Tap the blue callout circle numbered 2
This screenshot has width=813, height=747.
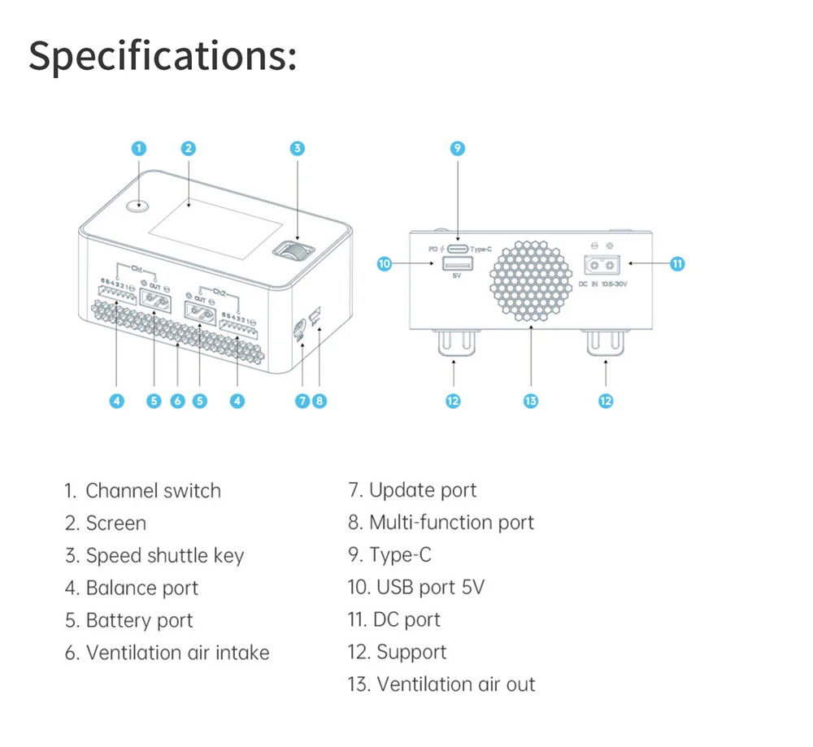click(189, 148)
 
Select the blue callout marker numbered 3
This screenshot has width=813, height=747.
click(298, 148)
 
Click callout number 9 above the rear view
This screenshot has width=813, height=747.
click(457, 148)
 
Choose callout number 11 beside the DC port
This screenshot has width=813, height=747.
click(677, 263)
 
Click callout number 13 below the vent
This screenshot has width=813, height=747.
click(531, 401)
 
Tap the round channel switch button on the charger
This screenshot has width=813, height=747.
click(138, 205)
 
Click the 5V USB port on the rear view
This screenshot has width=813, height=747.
click(457, 263)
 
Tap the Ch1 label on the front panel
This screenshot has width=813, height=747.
click(137, 267)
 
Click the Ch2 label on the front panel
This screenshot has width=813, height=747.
click(219, 290)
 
